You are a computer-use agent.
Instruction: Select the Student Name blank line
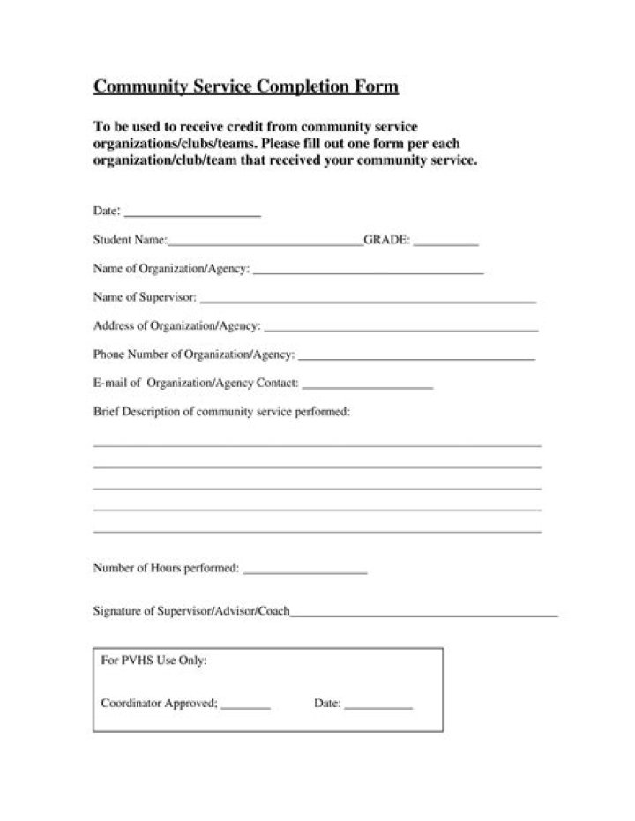pos(265,244)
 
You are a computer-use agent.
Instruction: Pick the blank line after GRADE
pos(446,244)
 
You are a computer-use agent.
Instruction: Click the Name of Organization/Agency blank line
pos(368,273)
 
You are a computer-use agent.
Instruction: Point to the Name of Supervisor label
pos(145,297)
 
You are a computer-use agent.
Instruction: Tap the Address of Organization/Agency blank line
pos(401,331)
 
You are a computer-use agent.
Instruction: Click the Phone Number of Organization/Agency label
pos(193,355)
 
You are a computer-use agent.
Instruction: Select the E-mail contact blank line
pos(368,388)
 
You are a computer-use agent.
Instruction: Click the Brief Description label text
pos(221,412)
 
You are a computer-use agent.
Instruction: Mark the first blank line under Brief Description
pos(317,446)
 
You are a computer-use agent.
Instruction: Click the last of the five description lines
pos(317,532)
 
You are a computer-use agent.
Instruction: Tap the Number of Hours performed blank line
pos(304,574)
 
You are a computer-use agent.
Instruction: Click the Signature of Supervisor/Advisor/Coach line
pos(424,615)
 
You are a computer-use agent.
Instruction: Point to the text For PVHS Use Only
pos(154,660)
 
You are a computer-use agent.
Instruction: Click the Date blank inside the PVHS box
pos(378,708)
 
